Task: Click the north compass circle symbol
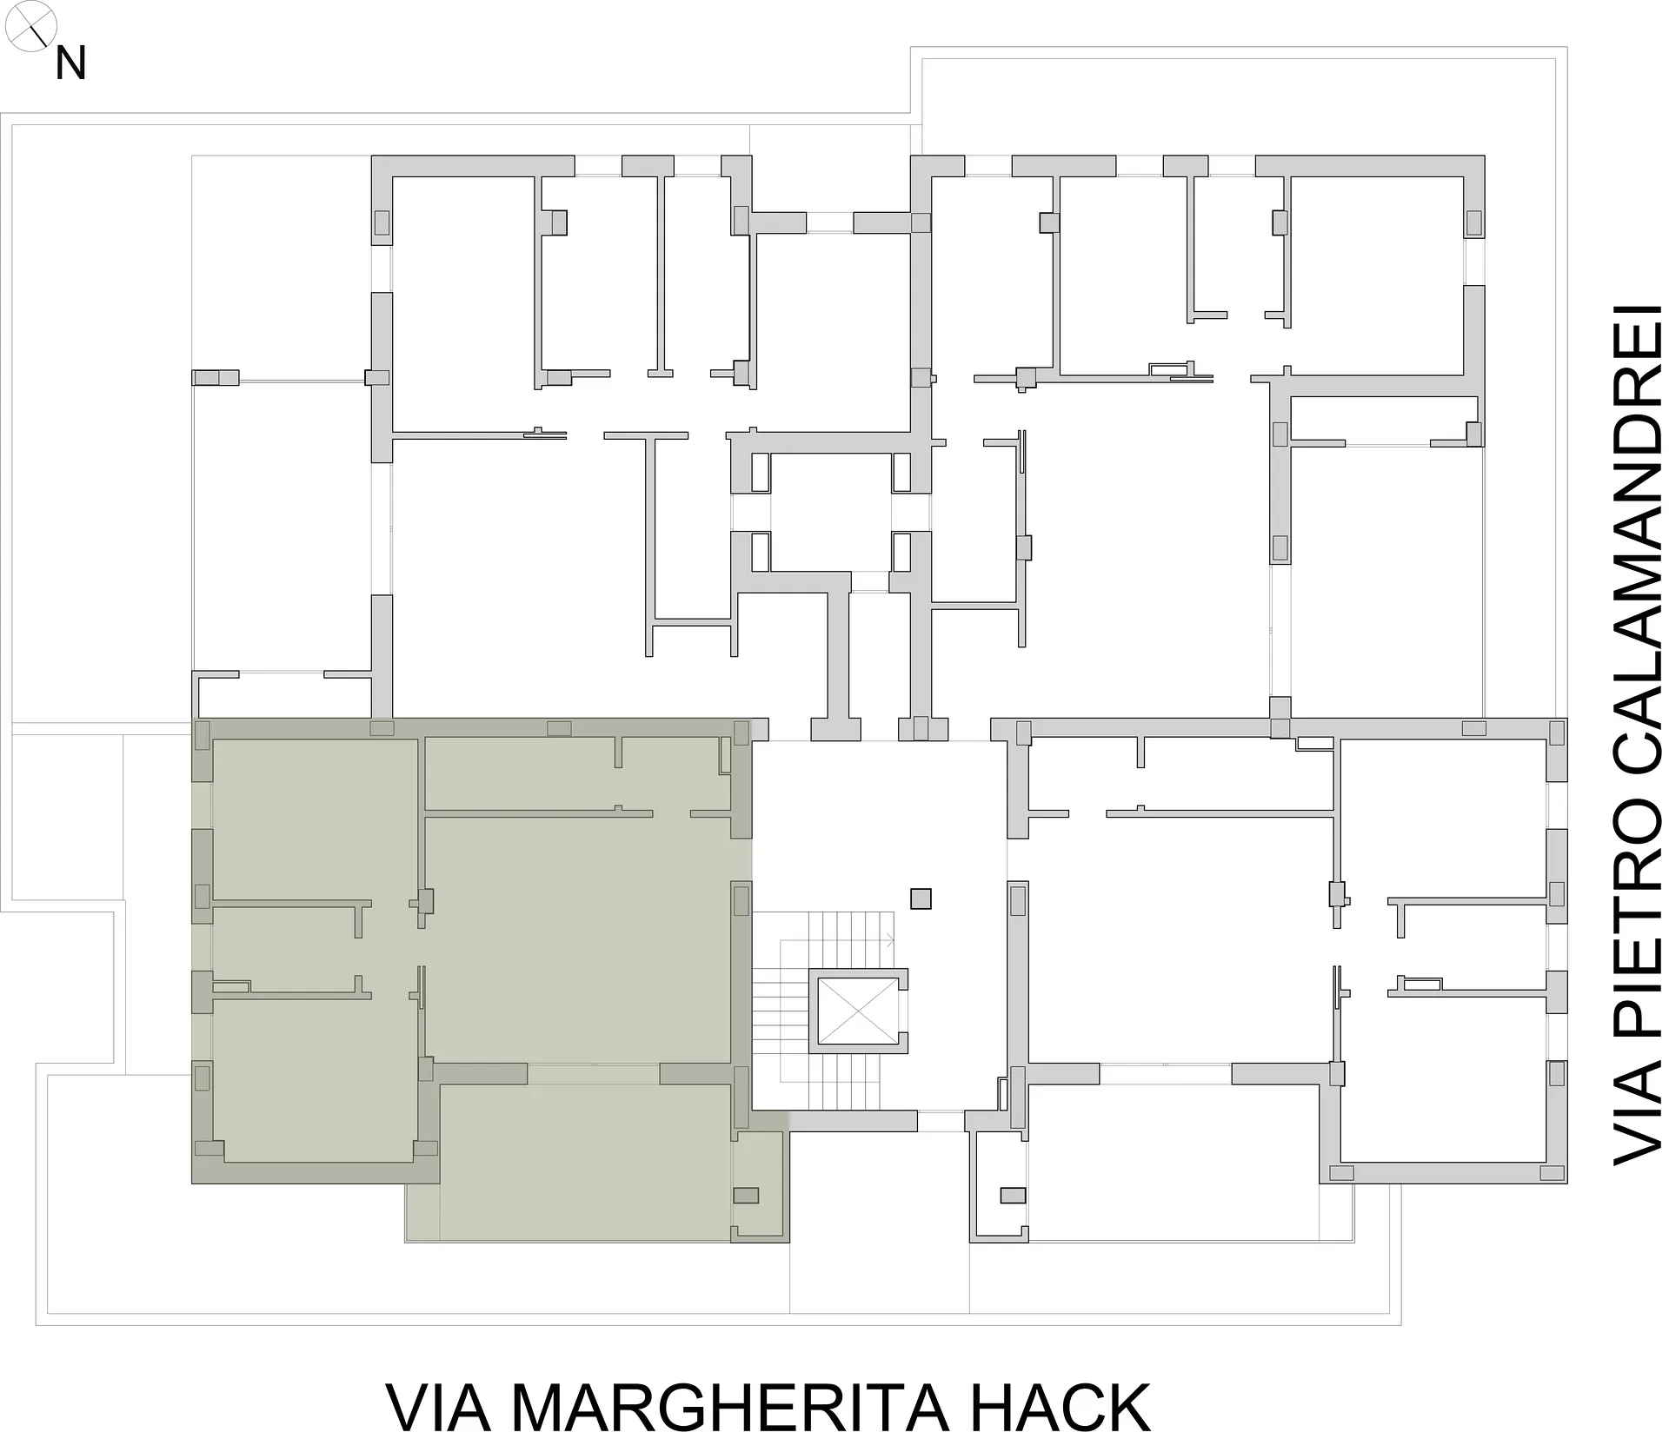tap(30, 27)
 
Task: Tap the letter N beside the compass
tap(70, 64)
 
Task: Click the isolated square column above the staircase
tap(921, 898)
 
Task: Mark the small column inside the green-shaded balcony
tap(746, 1195)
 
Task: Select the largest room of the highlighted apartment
tap(576, 938)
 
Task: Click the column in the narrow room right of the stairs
tap(1013, 1196)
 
